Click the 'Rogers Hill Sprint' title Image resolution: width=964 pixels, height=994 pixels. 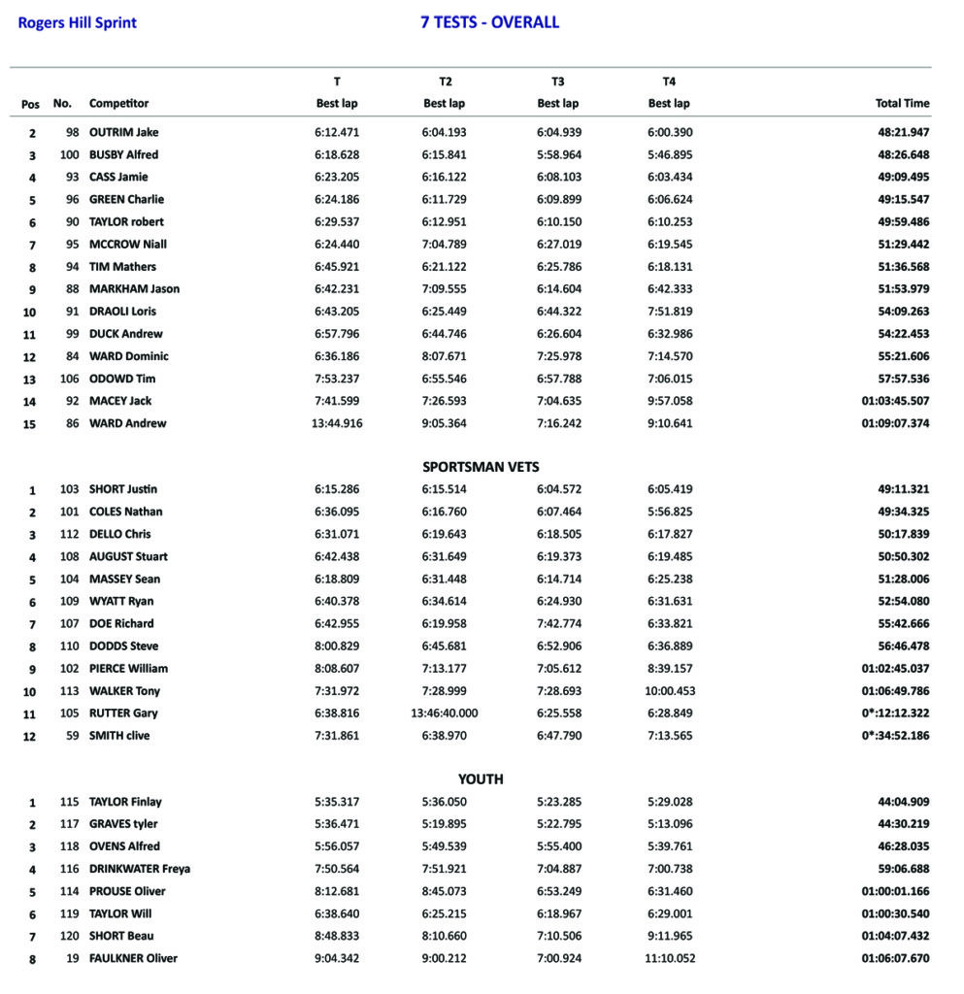pyautogui.click(x=78, y=23)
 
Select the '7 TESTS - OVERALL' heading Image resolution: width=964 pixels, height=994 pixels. pyautogui.click(x=489, y=22)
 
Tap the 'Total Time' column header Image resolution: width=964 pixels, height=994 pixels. pyautogui.click(x=902, y=103)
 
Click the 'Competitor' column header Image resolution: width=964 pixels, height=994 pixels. pyautogui.click(x=118, y=103)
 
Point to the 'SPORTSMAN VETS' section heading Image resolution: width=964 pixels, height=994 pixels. pyautogui.click(x=481, y=467)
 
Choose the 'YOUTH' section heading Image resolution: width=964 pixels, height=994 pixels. pyautogui.click(x=481, y=779)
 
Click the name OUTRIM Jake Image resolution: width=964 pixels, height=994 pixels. pyautogui.click(x=123, y=132)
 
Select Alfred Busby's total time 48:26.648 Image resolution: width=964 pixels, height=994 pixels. pyautogui.click(x=902, y=154)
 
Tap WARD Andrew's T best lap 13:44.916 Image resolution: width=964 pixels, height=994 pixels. pyautogui.click(x=337, y=423)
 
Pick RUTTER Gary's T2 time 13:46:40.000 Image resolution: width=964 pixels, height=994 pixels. pyautogui.click(x=444, y=713)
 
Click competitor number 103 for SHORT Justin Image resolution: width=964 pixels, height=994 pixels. pyautogui.click(x=69, y=489)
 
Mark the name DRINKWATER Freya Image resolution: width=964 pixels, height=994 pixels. pyautogui.click(x=139, y=869)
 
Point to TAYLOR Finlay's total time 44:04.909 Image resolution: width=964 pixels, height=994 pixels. pyautogui.click(x=902, y=802)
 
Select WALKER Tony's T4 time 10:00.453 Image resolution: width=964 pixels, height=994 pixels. pyautogui.click(x=669, y=691)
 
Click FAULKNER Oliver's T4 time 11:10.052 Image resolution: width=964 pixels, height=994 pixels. pyautogui.click(x=669, y=958)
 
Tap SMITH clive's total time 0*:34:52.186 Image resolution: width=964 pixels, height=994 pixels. pyautogui.click(x=895, y=736)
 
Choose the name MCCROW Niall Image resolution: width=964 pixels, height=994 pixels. pyautogui.click(x=128, y=244)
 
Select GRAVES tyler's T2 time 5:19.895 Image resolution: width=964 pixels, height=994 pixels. pyautogui.click(x=444, y=824)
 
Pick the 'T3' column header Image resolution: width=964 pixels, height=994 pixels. pyautogui.click(x=557, y=82)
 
